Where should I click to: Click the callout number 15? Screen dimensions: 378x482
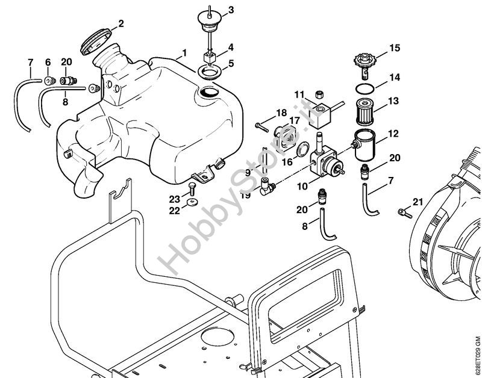pos(394,47)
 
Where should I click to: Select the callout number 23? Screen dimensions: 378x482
pos(175,199)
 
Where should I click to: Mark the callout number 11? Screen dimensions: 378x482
pos(299,94)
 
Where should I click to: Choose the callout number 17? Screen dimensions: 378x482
pos(294,121)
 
